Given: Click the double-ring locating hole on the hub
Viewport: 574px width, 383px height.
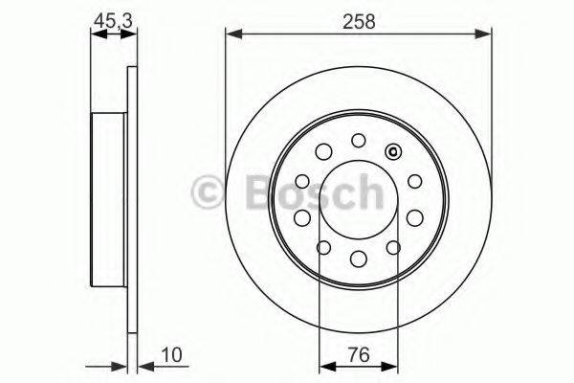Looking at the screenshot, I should [x=391, y=151].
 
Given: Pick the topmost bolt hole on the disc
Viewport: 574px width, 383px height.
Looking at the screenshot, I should [x=358, y=140].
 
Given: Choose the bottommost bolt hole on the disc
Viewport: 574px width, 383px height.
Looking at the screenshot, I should [x=358, y=259].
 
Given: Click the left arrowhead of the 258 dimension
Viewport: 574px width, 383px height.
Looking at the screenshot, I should [x=232, y=36].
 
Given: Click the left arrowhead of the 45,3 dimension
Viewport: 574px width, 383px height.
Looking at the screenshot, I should [x=94, y=36].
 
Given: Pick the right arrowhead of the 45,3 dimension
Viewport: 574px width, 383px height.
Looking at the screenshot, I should [x=131, y=36].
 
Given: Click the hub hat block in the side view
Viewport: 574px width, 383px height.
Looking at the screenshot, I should [x=110, y=198].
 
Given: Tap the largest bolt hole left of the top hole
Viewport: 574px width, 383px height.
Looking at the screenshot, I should [x=322, y=152].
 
